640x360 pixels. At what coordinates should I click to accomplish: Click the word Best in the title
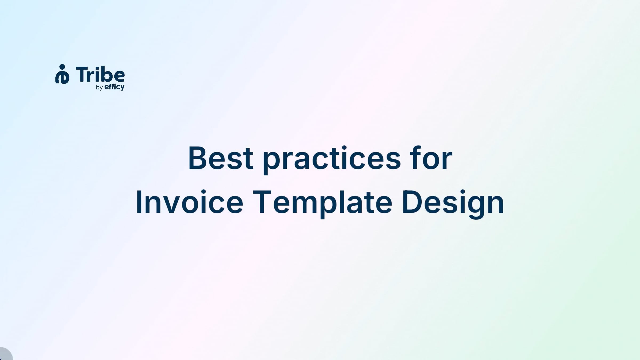tap(221, 158)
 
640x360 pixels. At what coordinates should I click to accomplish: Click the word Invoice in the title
tap(190, 202)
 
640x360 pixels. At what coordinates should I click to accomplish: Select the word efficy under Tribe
tap(114, 87)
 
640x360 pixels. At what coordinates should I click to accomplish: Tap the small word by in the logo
tap(99, 87)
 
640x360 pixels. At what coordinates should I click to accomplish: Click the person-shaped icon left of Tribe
tap(62, 74)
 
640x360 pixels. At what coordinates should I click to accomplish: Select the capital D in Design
tap(412, 202)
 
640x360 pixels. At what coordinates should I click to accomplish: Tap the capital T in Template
tap(262, 202)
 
